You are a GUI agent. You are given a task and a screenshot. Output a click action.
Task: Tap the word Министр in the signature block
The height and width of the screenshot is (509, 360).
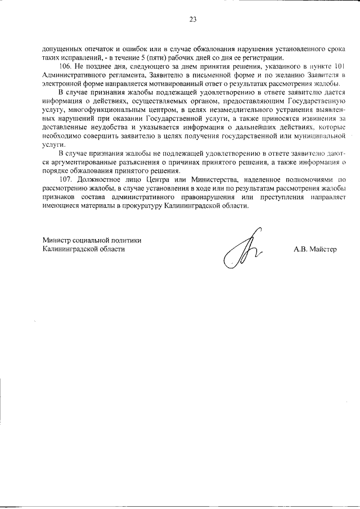(x=58, y=240)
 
